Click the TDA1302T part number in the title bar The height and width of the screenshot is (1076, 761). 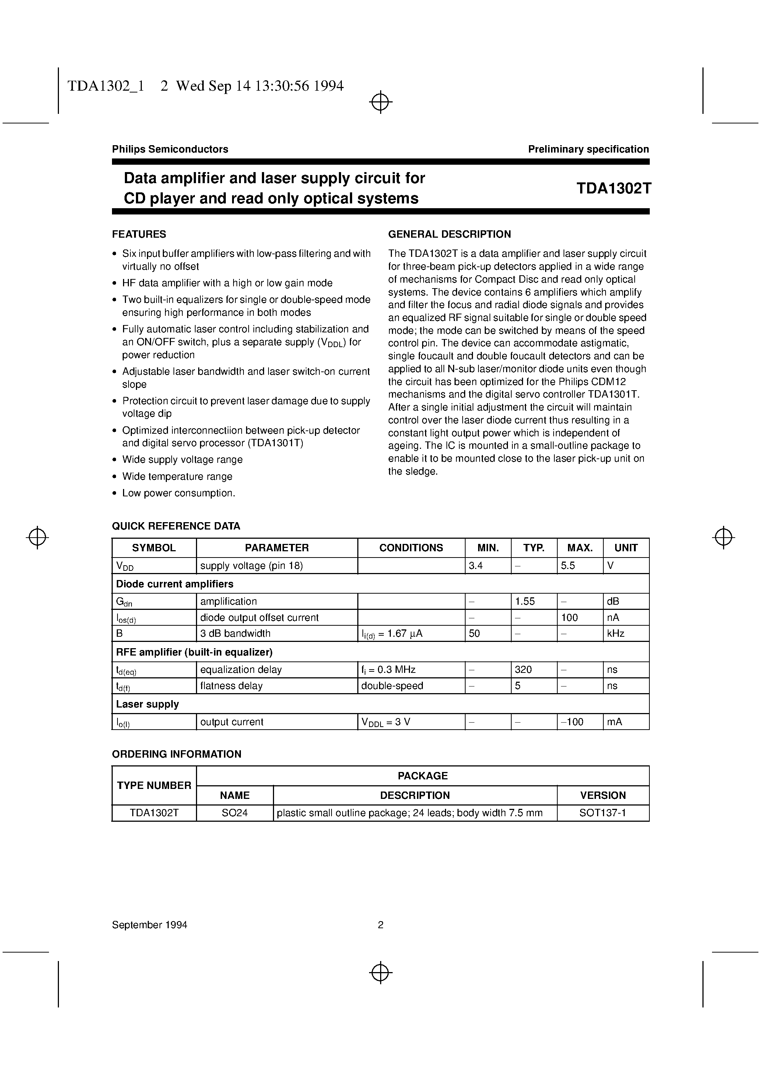click(x=613, y=188)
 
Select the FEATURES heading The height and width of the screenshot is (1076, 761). click(x=139, y=234)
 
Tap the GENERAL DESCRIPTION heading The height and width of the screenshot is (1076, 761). click(x=449, y=234)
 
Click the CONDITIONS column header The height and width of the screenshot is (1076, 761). click(x=411, y=548)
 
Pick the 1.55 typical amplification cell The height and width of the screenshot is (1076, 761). click(x=525, y=601)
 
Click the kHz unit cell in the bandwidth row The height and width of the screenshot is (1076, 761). click(x=616, y=633)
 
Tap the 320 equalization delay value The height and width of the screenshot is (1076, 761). click(x=523, y=670)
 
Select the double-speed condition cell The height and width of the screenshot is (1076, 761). click(x=392, y=686)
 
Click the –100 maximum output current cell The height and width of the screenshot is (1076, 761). click(x=572, y=722)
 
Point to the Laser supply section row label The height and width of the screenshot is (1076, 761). click(x=147, y=704)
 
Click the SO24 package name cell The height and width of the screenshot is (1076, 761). click(x=234, y=813)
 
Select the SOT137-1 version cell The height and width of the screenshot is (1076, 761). click(x=603, y=813)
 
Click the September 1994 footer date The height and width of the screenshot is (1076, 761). click(x=150, y=925)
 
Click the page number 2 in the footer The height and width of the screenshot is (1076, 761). click(x=380, y=925)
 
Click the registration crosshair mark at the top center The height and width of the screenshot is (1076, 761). click(x=380, y=102)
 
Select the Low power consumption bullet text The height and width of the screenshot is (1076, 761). click(x=179, y=493)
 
